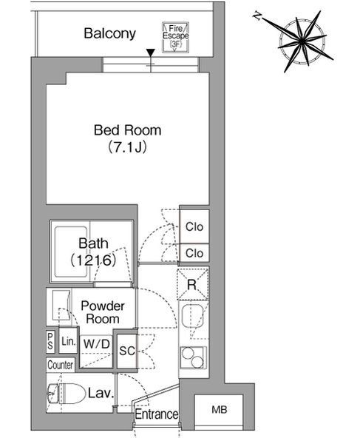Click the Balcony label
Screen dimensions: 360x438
tap(109, 33)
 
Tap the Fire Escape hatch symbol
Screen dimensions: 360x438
tap(175, 37)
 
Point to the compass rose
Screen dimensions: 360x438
tap(302, 41)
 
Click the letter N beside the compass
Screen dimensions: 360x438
tap(257, 16)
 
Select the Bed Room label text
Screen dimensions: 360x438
tap(128, 130)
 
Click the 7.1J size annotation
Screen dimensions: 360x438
tap(128, 147)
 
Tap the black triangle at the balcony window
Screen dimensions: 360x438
tap(151, 53)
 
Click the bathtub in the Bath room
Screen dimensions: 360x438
tap(71, 252)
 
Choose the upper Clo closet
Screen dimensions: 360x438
tap(194, 226)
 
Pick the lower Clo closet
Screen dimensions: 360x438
tap(194, 253)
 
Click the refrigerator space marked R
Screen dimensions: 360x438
tap(192, 284)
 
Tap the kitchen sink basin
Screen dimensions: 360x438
tap(193, 316)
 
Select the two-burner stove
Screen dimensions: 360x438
tap(193, 357)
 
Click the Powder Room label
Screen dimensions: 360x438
tap(103, 312)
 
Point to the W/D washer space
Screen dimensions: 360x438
tap(97, 351)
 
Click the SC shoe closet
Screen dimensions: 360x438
tap(126, 351)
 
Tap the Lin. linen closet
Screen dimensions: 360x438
tap(68, 341)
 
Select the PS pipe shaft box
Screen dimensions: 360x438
tap(50, 341)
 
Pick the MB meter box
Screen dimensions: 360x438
tap(219, 410)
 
